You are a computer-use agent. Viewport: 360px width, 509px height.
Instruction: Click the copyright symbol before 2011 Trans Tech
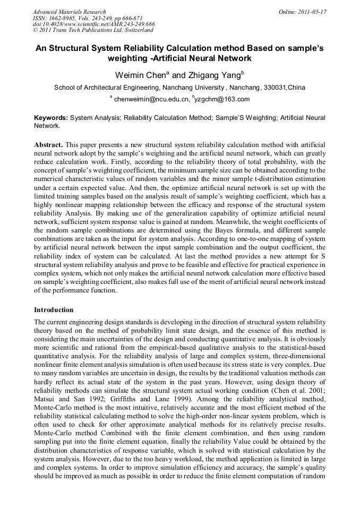(x=35, y=31)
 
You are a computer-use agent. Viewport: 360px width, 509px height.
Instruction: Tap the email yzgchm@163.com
(x=222, y=99)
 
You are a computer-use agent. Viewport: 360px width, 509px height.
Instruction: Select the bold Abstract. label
(x=48, y=144)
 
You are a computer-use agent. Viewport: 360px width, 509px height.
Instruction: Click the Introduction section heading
(x=54, y=309)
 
